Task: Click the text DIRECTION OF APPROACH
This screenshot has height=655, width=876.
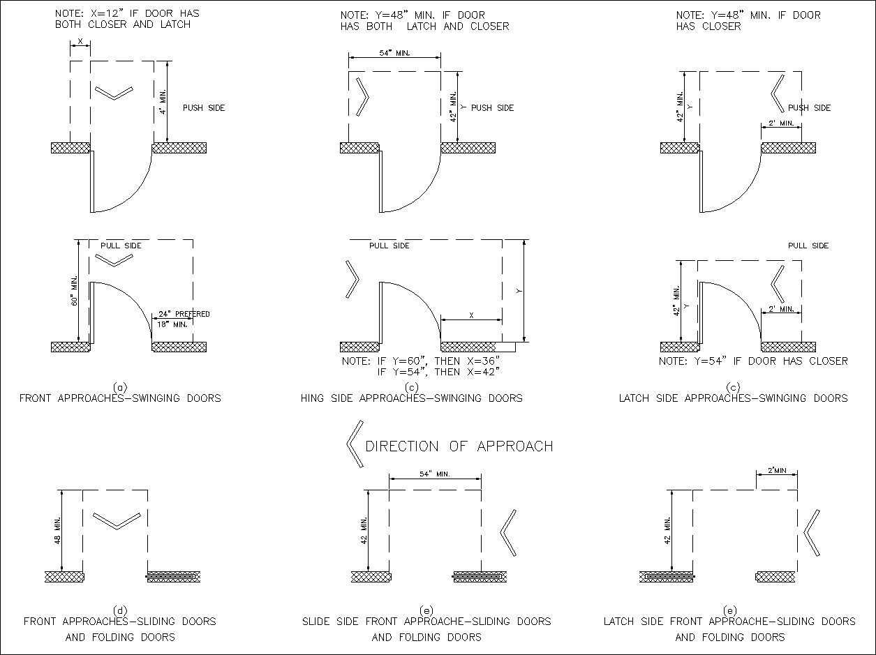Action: [459, 446]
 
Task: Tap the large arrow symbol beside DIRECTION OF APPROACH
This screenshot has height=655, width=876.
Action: [355, 444]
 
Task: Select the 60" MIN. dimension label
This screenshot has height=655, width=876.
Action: [74, 291]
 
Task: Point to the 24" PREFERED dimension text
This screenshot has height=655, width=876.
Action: [184, 314]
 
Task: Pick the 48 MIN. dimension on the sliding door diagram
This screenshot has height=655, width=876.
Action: [57, 530]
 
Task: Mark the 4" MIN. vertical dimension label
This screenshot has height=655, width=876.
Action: [161, 102]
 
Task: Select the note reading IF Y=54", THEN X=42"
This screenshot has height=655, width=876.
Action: [438, 372]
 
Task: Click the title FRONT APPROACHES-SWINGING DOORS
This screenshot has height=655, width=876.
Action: [120, 398]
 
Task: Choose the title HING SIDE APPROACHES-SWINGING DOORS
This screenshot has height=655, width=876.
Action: [411, 398]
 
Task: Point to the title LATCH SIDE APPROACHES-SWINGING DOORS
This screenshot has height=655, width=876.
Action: [733, 398]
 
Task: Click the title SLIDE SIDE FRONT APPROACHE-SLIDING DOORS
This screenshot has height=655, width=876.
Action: [426, 621]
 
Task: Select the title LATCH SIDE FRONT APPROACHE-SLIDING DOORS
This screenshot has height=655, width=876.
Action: [729, 621]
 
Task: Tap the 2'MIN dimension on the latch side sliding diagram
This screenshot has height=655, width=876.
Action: [777, 471]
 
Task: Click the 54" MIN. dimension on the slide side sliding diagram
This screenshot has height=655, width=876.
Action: [434, 474]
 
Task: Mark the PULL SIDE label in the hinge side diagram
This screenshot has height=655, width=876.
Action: [389, 246]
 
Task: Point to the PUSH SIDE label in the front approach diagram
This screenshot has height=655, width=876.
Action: [204, 108]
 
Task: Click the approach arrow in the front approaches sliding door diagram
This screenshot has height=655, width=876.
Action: [117, 520]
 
